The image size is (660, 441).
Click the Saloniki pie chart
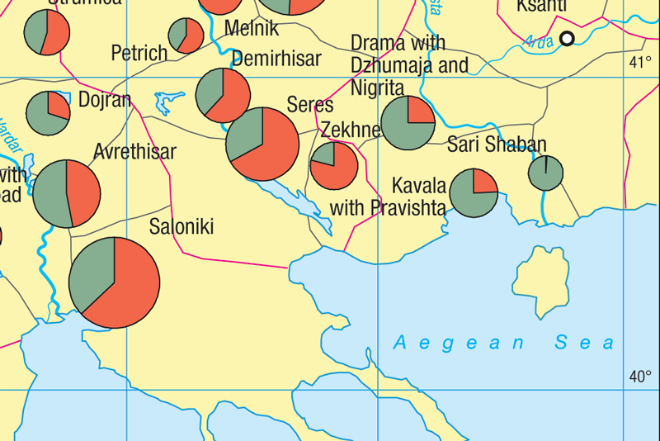click(x=114, y=282)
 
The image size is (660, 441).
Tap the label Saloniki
click(x=181, y=226)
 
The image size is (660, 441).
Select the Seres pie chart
click(x=262, y=143)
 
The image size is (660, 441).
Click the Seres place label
click(x=310, y=105)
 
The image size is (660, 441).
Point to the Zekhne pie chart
click(x=334, y=165)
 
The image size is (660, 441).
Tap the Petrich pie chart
click(x=186, y=36)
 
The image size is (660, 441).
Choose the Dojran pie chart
click(x=49, y=114)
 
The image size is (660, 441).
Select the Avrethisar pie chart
click(x=66, y=193)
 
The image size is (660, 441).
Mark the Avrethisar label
click(x=134, y=152)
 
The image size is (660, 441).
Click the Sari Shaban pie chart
click(x=545, y=173)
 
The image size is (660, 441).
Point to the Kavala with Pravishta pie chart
click(x=474, y=193)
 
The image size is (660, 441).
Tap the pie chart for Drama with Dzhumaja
click(x=408, y=123)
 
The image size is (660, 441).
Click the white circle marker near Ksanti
click(x=567, y=38)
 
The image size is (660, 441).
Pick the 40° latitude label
click(x=639, y=377)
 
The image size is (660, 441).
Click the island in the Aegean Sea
click(x=542, y=277)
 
